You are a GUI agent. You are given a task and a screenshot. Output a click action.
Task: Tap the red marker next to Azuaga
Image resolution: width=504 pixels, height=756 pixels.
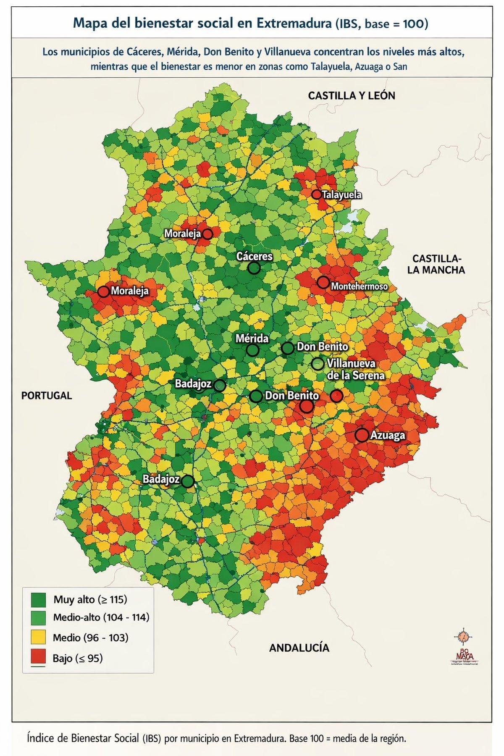361,435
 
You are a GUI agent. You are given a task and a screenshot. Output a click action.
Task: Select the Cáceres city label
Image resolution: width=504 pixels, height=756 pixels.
255,256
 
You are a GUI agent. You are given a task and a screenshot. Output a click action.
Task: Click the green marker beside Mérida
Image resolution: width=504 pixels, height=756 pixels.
252,350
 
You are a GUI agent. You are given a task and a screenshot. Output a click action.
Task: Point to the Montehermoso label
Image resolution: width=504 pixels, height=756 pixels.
359,286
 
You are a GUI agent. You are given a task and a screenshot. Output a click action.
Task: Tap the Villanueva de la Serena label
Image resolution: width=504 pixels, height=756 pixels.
355,369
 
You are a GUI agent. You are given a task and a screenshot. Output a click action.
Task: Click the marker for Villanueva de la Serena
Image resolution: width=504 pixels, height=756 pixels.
318,364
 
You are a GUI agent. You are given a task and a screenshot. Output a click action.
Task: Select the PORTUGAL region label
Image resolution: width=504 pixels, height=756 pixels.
47,395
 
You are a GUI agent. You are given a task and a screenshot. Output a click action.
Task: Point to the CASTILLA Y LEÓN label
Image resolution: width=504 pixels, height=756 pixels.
352,96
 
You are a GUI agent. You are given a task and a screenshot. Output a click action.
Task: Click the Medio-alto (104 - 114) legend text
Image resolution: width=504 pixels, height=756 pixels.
101,617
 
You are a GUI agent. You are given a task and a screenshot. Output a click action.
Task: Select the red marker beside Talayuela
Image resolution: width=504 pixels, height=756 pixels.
316,194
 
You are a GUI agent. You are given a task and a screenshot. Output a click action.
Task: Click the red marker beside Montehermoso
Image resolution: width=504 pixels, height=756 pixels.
323,282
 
